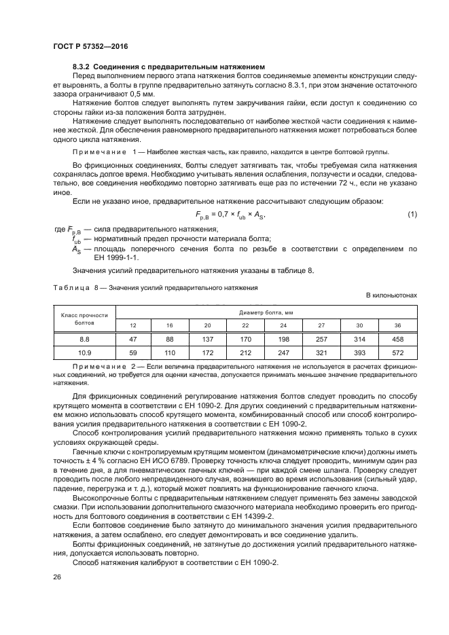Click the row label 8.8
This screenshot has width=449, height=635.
tap(84, 339)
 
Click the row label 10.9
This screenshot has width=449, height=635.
tap(84, 353)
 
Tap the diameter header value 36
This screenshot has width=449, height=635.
tap(398, 325)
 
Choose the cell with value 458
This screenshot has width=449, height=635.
tap(398, 339)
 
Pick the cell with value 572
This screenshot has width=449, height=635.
tap(398, 353)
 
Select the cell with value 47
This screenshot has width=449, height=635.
tap(133, 339)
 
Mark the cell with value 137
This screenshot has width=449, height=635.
tap(209, 339)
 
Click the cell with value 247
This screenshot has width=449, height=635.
tap(284, 353)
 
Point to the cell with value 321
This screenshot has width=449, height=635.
tap(322, 353)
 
